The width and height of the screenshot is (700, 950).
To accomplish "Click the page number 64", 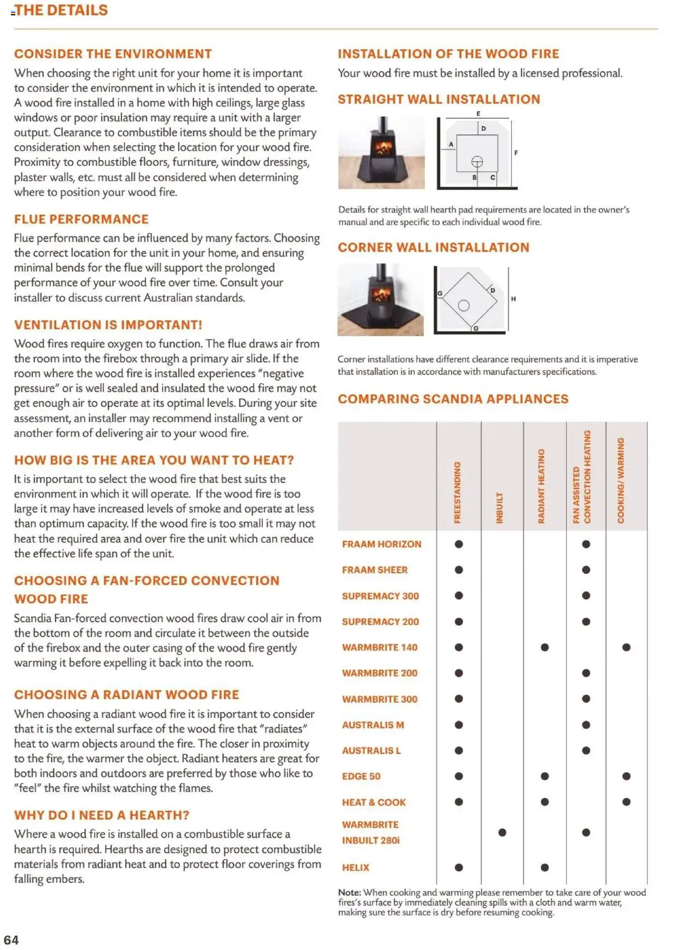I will [x=11, y=940].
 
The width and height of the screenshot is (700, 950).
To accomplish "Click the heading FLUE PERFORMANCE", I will [x=81, y=219].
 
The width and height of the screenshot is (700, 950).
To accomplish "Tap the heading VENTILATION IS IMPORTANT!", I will [x=108, y=325].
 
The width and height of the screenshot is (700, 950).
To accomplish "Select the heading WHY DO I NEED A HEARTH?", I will [x=101, y=815].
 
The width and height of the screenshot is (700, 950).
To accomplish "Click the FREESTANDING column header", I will [x=458, y=492].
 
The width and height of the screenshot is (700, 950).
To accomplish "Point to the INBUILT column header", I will [x=499, y=508].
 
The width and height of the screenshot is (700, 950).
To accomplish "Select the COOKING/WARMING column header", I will [x=621, y=480].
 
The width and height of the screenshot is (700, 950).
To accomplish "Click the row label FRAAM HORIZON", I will [x=381, y=544].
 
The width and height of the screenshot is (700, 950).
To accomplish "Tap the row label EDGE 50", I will [x=361, y=776].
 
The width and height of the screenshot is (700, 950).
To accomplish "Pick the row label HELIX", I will [x=355, y=867].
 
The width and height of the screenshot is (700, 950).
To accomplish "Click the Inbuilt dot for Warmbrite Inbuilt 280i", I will [x=502, y=832].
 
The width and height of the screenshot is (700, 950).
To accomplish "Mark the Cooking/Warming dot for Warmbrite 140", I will [x=626, y=647].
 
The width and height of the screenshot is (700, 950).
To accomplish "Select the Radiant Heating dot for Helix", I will [x=545, y=867].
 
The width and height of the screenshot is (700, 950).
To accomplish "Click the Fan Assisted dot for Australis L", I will [x=586, y=750].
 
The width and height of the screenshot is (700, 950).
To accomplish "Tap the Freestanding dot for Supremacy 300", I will [x=459, y=595].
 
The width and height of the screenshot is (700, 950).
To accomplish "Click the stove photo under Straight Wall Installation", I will [x=381, y=153].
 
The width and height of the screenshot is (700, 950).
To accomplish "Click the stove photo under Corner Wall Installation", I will [x=381, y=300].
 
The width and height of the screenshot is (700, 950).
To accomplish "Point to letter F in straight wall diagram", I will [x=516, y=153].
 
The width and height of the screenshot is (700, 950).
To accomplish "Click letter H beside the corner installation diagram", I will [x=513, y=299].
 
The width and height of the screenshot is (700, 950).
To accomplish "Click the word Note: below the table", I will [x=349, y=893].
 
